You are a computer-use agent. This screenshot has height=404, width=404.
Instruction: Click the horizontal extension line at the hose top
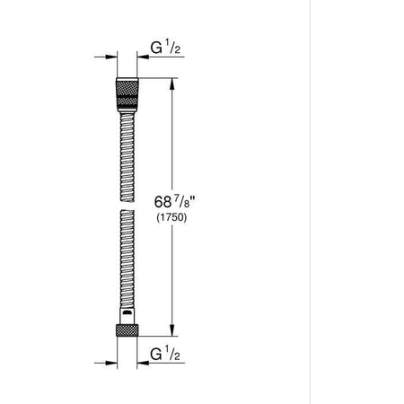tap(157, 80)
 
